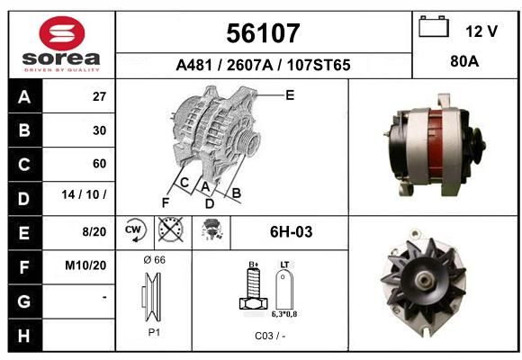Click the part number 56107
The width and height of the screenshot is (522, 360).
point(263,33)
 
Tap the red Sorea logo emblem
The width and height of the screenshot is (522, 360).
point(62,33)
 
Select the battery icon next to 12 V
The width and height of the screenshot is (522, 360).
point(434,26)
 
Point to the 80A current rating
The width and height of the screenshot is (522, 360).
point(464,61)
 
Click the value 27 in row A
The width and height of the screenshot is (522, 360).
point(99,96)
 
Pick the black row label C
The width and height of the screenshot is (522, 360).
point(25,165)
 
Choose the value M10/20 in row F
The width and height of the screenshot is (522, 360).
point(85,265)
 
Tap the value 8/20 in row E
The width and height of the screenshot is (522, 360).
point(94,232)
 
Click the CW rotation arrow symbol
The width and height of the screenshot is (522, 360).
point(135,230)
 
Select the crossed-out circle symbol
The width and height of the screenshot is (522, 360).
point(170,229)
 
